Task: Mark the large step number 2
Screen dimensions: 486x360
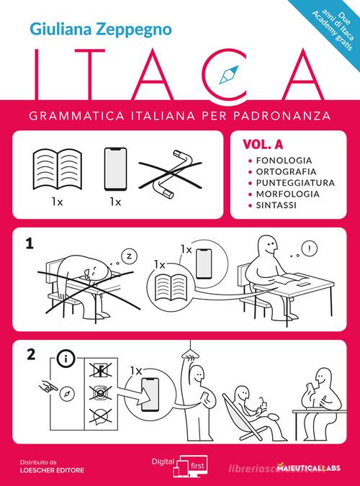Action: (x=30, y=354)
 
